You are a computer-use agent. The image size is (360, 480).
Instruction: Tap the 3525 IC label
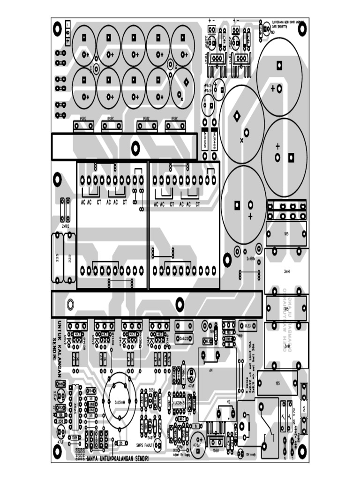coord(75,406)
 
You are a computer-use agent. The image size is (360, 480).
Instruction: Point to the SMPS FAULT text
coord(145,445)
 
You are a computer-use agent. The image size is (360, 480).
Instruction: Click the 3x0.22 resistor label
coord(185,338)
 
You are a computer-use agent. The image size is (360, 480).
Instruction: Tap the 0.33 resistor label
coord(248,325)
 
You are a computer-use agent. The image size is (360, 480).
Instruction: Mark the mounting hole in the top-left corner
coord(58,30)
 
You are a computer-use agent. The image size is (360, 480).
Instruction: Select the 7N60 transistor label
coord(239,336)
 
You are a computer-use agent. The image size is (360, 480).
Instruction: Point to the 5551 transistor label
coord(151,390)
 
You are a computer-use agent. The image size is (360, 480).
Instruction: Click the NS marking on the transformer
coord(228,402)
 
